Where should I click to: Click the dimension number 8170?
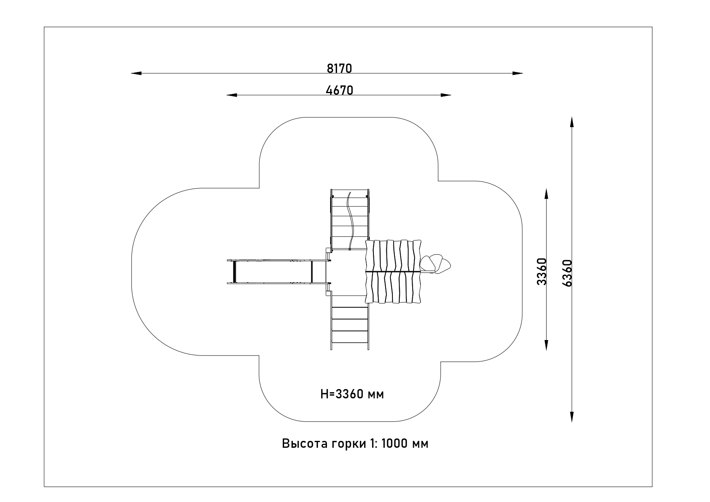pos(339,68)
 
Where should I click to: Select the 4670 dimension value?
pos(339,90)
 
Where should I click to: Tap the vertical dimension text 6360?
pos(567,273)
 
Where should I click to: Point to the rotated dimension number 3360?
pos(542,271)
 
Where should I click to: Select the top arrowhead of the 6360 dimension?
pos(572,122)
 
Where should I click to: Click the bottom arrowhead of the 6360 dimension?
pos(572,417)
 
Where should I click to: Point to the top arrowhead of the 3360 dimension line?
pos(546,194)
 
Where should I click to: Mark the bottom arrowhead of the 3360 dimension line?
pos(546,345)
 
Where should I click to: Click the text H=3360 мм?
pos(352,394)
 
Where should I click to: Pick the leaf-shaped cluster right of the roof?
pos(434,264)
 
